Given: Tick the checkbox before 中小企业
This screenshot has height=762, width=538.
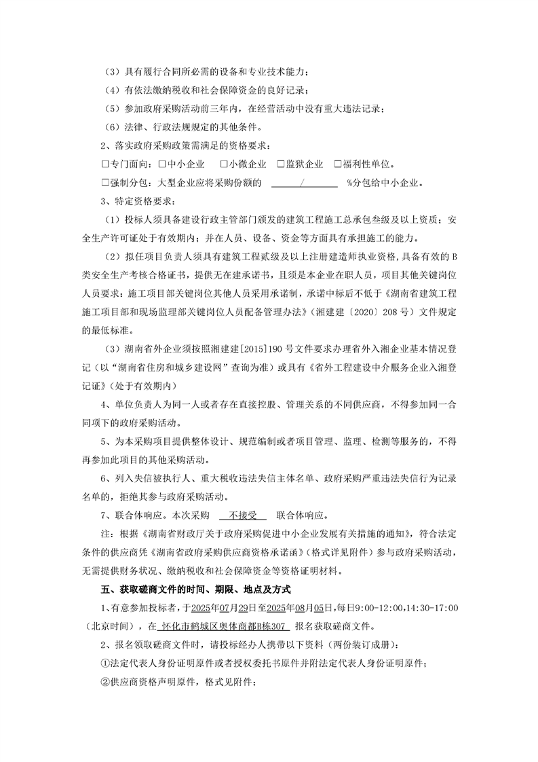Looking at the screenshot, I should coord(163,164).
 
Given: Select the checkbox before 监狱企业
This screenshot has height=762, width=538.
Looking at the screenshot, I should coord(281,164).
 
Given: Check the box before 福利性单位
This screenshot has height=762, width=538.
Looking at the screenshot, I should coord(338,164).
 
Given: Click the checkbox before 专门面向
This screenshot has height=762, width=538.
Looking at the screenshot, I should coord(104,164).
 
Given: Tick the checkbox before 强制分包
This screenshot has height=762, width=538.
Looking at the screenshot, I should coord(104,183).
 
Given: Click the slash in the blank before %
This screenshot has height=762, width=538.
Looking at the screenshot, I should coord(301,183).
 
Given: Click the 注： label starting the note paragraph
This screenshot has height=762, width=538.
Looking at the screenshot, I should coord(107,533).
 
